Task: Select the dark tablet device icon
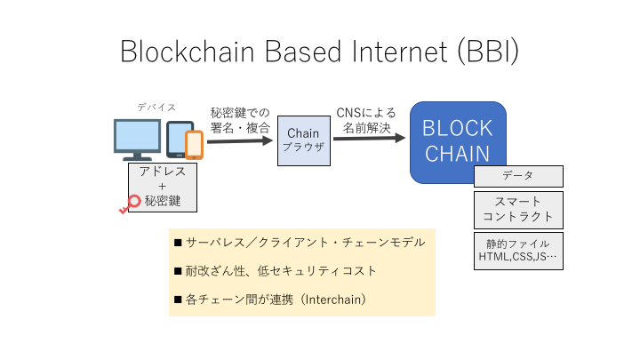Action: click(180, 139)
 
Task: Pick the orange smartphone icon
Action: click(194, 144)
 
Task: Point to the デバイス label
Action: click(156, 107)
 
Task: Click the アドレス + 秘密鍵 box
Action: click(163, 187)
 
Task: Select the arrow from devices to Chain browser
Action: click(240, 140)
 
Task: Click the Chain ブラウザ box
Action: click(303, 140)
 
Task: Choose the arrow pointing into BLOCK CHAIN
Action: click(370, 138)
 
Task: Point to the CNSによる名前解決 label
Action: click(365, 119)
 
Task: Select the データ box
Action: click(517, 176)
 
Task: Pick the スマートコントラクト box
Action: click(517, 208)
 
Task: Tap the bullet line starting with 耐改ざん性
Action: click(280, 270)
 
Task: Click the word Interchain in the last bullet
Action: click(333, 300)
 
